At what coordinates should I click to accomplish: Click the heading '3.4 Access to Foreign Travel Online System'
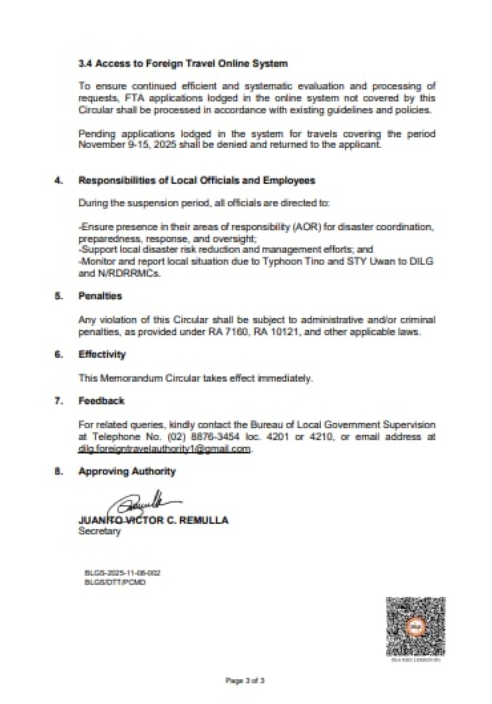[x=183, y=64]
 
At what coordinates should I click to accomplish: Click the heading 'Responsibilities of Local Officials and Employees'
[x=197, y=180]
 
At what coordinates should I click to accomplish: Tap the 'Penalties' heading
[x=100, y=296]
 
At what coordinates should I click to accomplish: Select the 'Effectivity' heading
[x=102, y=354]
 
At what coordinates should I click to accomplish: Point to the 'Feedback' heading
[x=101, y=401]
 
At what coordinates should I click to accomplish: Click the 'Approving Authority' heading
[x=127, y=471]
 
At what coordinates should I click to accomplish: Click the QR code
[x=415, y=627]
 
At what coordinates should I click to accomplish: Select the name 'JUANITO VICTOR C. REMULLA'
[x=153, y=520]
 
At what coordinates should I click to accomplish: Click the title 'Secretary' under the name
[x=99, y=531]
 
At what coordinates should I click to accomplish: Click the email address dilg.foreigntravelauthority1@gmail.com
[x=164, y=449]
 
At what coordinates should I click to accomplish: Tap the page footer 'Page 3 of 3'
[x=245, y=681]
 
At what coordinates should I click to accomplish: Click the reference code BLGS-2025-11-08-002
[x=122, y=573]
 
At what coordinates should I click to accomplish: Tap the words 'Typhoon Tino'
[x=293, y=261]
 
